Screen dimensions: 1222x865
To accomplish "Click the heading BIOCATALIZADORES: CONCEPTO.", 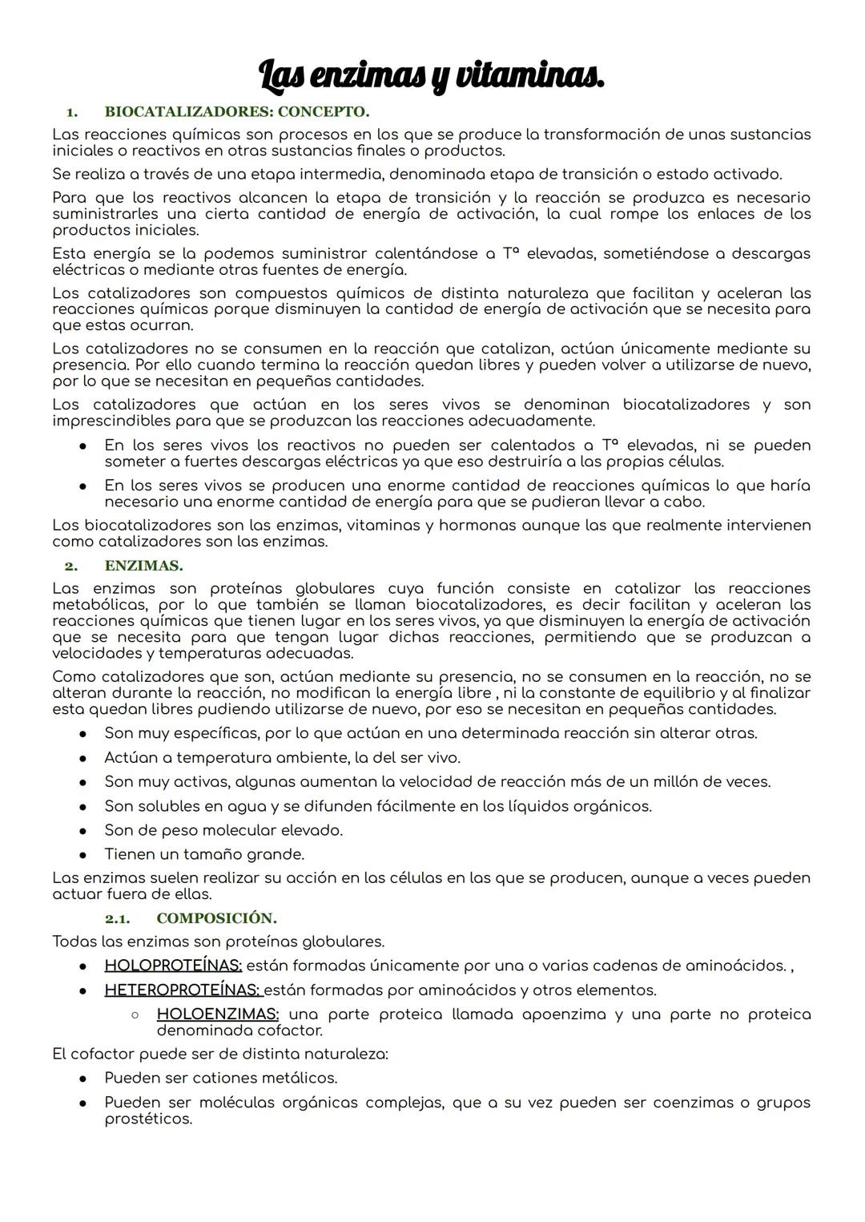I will pyautogui.click(x=236, y=111).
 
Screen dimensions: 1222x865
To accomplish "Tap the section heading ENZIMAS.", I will pyautogui.click(x=143, y=566).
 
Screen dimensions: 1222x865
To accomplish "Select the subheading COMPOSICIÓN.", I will pyautogui.click(x=216, y=918).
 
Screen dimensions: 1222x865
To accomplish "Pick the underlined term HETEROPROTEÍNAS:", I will pyautogui.click(x=183, y=990).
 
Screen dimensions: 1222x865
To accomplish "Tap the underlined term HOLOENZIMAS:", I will pyautogui.click(x=217, y=1014).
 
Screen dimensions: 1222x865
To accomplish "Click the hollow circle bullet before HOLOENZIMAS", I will pyautogui.click(x=135, y=1014).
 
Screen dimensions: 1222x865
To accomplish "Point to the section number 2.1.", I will pyautogui.click(x=117, y=918).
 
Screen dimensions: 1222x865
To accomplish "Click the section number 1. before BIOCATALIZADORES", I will pyautogui.click(x=71, y=111).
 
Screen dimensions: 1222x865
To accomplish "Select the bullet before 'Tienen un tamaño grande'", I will pyautogui.click(x=82, y=854).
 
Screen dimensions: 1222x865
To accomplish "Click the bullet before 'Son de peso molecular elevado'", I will pyautogui.click(x=82, y=830).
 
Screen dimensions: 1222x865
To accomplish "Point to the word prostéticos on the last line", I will pyautogui.click(x=148, y=1119).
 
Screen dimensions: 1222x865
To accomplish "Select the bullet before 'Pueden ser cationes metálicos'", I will pyautogui.click(x=82, y=1078).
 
